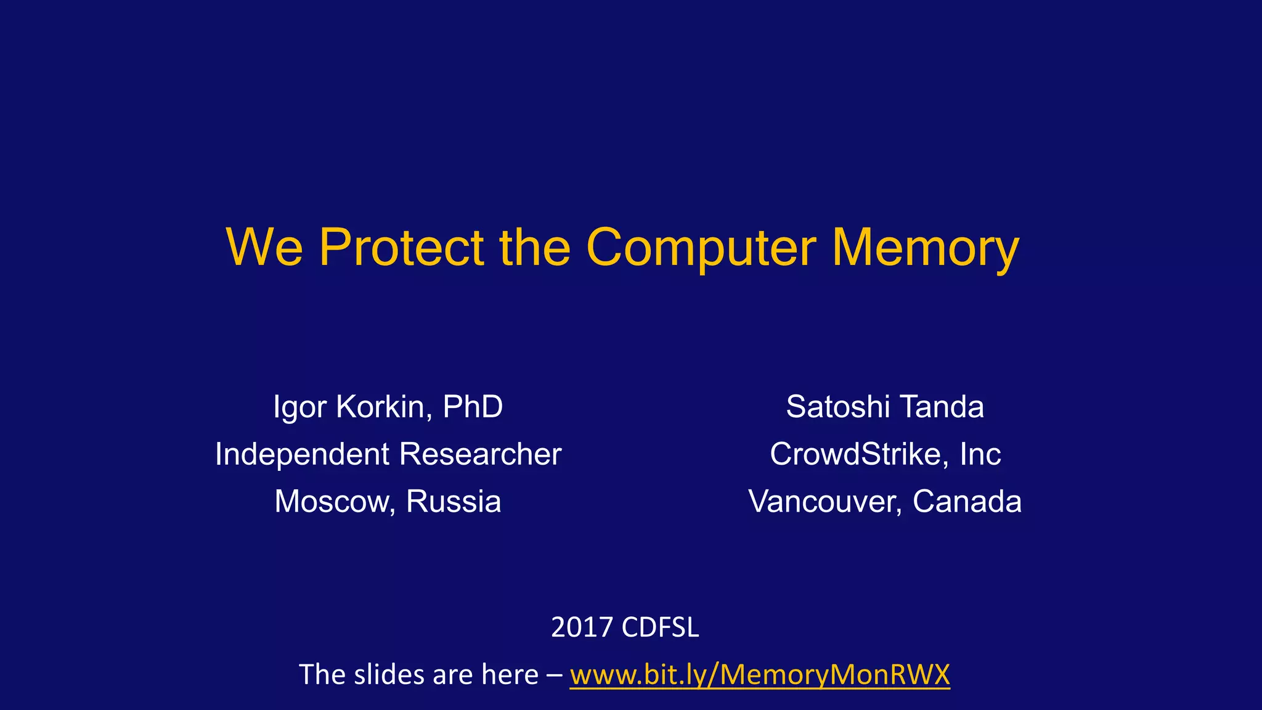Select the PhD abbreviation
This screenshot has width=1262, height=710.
tap(473, 407)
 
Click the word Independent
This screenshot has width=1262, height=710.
tap(302, 454)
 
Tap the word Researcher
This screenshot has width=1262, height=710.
tap(480, 454)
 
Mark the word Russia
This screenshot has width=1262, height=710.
tap(454, 501)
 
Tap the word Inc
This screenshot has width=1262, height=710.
tap(980, 454)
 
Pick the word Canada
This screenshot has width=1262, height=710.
tap(967, 501)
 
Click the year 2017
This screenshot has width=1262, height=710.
tap(581, 627)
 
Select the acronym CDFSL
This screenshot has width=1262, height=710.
tap(660, 627)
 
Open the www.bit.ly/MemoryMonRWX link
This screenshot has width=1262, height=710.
tap(760, 675)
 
